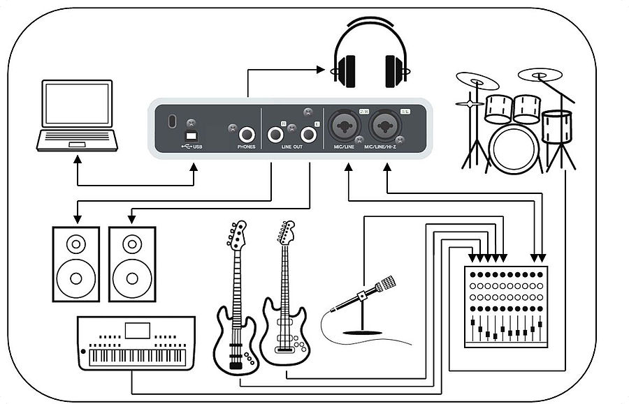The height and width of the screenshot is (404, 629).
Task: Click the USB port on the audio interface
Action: (191, 134)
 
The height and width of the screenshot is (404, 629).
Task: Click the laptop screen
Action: (77, 103)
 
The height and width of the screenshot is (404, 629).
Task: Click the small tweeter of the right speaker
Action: (131, 244)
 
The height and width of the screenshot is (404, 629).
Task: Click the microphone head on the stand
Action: (385, 283)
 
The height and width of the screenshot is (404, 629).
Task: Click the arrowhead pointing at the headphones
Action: (322, 69)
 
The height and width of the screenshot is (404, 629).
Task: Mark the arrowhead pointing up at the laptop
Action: (78, 159)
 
